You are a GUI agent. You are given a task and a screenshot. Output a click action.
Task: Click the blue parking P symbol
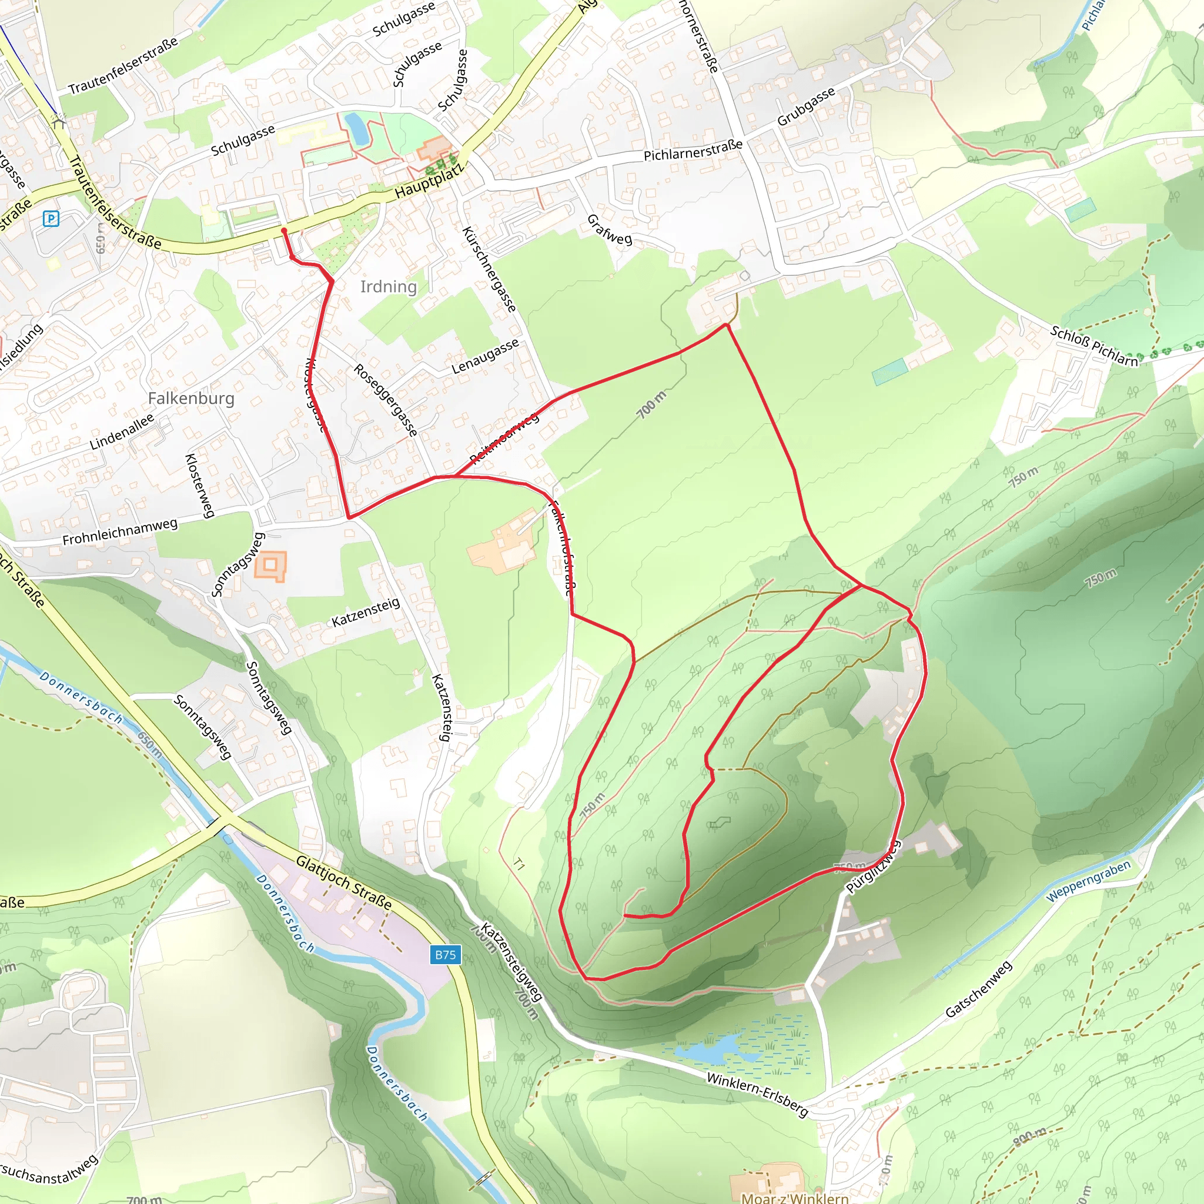pyautogui.click(x=51, y=219)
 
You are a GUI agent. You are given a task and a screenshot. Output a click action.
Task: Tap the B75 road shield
pyautogui.click(x=445, y=955)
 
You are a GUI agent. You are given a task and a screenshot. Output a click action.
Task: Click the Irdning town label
pyautogui.click(x=388, y=287)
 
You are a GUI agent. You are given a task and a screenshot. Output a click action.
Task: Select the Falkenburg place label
pyautogui.click(x=191, y=398)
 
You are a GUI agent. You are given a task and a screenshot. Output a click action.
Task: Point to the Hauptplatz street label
pyautogui.click(x=429, y=180)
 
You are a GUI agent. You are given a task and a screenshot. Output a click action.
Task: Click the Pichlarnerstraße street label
pyautogui.click(x=693, y=150)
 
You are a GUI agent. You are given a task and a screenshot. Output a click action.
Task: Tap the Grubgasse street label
pyautogui.click(x=806, y=106)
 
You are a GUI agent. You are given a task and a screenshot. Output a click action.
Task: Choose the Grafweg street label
pyautogui.click(x=610, y=229)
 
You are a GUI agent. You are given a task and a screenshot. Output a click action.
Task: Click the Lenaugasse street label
pyautogui.click(x=485, y=356)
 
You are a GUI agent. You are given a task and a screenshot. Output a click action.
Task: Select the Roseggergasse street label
pyautogui.click(x=386, y=399)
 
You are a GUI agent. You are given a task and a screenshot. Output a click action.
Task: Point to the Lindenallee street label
pyautogui.click(x=122, y=432)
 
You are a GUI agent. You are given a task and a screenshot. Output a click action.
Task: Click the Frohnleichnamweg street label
pyautogui.click(x=120, y=532)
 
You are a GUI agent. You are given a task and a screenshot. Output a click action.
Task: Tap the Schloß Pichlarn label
pyautogui.click(x=1093, y=345)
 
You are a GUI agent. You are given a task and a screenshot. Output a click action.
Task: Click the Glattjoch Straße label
pyautogui.click(x=344, y=882)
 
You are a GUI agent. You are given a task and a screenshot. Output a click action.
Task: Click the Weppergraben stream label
pyautogui.click(x=1088, y=881)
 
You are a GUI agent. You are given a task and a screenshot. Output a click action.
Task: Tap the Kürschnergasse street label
pyautogui.click(x=489, y=269)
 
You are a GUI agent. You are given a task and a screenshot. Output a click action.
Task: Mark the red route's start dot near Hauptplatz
pyautogui.click(x=284, y=230)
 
